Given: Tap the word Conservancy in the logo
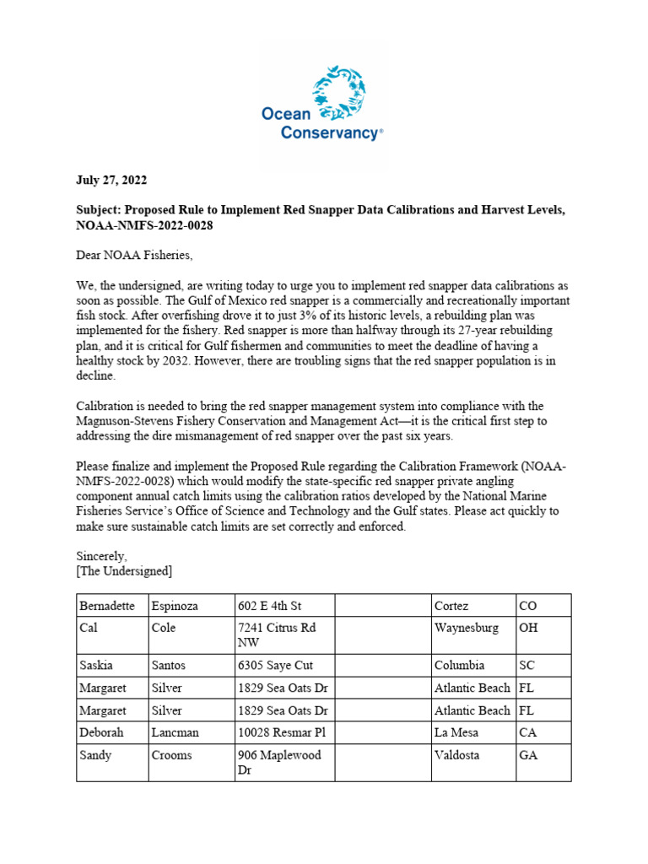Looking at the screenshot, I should [330, 133].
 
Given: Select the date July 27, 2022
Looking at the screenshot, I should [110, 181].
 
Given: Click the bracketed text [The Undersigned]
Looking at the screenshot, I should [124, 572].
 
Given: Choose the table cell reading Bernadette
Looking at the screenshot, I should [106, 606].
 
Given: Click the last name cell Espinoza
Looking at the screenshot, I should [179, 606].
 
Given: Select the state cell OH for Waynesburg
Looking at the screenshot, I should [528, 629].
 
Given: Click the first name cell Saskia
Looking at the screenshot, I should [96, 666].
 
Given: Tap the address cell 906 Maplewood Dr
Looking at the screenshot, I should [279, 763].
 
